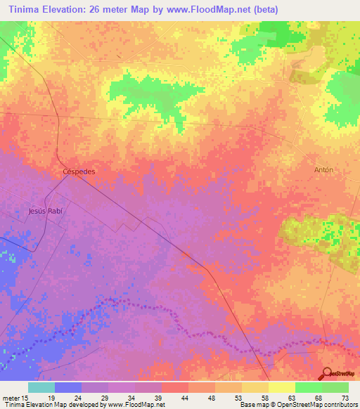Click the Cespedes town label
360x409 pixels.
[x=79, y=171]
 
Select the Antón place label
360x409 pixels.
[x=323, y=169]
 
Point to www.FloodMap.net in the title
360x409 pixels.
[x=213, y=9]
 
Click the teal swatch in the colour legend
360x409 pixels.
[x=41, y=387]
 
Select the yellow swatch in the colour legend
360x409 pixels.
[x=281, y=387]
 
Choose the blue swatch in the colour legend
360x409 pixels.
[x=68, y=387]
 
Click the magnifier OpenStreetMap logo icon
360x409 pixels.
[x=326, y=374]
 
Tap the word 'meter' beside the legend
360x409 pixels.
[x=12, y=397]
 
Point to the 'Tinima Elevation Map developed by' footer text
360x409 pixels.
[x=49, y=405]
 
